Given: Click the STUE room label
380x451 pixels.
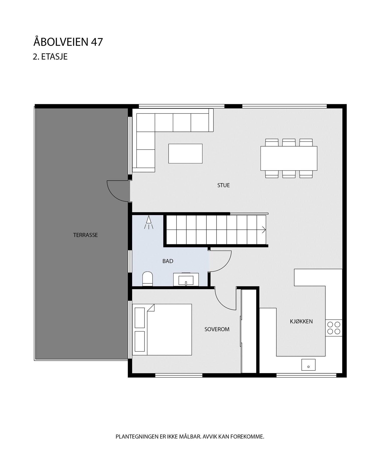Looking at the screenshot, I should point(223,185).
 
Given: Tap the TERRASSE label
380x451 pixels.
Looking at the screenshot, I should point(85,235).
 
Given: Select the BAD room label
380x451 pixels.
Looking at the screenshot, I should point(168,261).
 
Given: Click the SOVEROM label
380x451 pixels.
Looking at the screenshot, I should point(217,329).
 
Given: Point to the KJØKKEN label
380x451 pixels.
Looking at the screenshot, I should point(301,321).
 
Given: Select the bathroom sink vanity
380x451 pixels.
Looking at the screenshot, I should point(186,279).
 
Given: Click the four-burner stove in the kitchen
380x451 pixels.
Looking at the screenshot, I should point(334,328).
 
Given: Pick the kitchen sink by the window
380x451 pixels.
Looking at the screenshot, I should point(308,365).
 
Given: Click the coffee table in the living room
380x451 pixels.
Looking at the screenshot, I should point(185,154).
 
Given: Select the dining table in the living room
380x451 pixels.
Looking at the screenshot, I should point(289,158).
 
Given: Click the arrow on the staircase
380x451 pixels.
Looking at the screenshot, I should point(264,230).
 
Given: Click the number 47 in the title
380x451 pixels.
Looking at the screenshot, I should point(97,42).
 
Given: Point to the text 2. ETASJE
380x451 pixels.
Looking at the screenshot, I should point(50,57).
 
